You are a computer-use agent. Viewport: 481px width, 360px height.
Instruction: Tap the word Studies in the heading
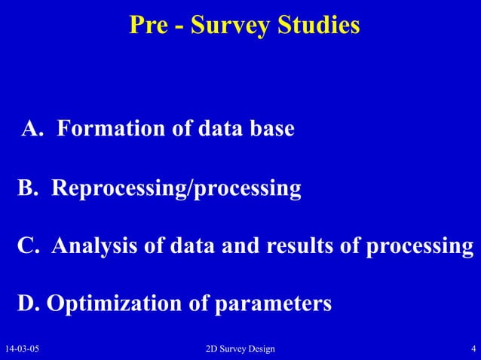(320, 25)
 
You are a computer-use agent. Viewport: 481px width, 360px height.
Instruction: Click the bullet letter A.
(32, 130)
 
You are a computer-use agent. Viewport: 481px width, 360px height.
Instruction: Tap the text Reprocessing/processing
(176, 188)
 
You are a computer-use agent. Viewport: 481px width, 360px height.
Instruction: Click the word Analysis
(95, 247)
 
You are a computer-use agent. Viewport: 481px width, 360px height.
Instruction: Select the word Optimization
(112, 305)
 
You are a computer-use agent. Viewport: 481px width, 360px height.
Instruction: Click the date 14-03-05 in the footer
(23, 349)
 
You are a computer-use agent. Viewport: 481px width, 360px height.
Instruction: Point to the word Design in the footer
(259, 349)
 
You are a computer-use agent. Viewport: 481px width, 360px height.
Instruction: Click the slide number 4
(472, 349)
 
